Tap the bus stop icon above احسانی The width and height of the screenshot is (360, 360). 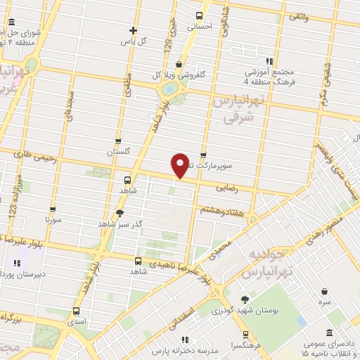pyautogui.click(x=199, y=15)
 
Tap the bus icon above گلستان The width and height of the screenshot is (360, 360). pyautogui.click(x=118, y=141)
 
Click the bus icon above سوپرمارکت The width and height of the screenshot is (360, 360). pyautogui.click(x=203, y=155)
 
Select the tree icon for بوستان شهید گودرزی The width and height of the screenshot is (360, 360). pyautogui.click(x=245, y=299)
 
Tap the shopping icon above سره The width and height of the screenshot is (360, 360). pyautogui.click(x=323, y=290)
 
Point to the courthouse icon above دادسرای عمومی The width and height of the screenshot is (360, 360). pyautogui.click(x=331, y=333)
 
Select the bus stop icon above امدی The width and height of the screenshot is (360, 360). pyautogui.click(x=77, y=311)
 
